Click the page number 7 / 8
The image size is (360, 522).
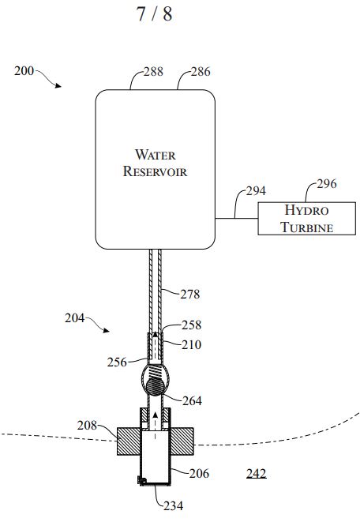click(x=155, y=14)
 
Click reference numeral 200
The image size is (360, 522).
click(x=24, y=71)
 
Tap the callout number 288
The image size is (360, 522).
click(x=153, y=72)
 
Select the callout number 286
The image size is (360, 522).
click(x=201, y=72)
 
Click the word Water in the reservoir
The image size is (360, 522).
click(x=155, y=155)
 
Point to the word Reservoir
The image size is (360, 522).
click(x=155, y=171)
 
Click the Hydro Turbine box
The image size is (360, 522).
click(x=307, y=219)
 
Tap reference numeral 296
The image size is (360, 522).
click(x=327, y=183)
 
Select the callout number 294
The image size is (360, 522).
click(x=256, y=191)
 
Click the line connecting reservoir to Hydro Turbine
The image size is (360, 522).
click(x=237, y=219)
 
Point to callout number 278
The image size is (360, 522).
click(x=190, y=295)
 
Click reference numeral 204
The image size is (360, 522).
click(x=74, y=318)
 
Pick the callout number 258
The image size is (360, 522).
click(x=191, y=325)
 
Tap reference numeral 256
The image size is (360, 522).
click(x=117, y=362)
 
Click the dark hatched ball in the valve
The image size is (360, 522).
click(x=156, y=386)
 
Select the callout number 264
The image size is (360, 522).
click(x=192, y=401)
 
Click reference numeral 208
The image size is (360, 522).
click(x=87, y=426)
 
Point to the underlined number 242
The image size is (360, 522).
click(x=257, y=473)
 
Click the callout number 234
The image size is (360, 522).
click(x=174, y=506)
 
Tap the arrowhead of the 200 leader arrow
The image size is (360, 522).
click(x=59, y=86)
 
